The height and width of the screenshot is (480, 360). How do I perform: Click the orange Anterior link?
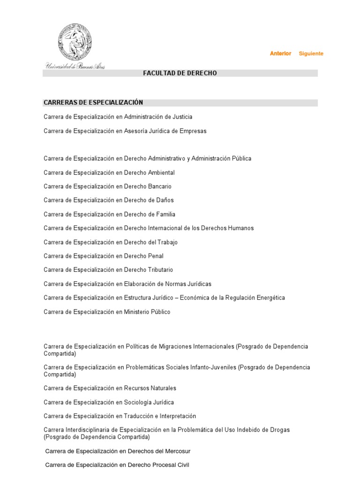click(x=280, y=53)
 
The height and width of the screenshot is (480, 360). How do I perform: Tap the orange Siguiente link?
click(x=311, y=53)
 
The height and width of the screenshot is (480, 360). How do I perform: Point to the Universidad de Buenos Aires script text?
click(x=75, y=66)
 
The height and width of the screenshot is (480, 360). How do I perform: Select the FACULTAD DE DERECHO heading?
click(x=180, y=73)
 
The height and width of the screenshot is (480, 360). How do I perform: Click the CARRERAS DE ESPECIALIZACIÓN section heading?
click(x=93, y=103)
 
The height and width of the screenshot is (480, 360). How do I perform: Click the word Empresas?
click(x=193, y=131)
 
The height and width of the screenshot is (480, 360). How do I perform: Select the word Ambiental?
click(x=161, y=172)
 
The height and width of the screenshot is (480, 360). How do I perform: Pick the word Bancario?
click(x=160, y=187)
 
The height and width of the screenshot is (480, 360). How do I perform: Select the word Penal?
click(x=155, y=256)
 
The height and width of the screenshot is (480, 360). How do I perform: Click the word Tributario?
click(x=161, y=270)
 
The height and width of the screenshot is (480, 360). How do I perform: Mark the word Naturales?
click(x=164, y=388)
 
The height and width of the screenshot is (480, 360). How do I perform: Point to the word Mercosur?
click(x=176, y=451)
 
